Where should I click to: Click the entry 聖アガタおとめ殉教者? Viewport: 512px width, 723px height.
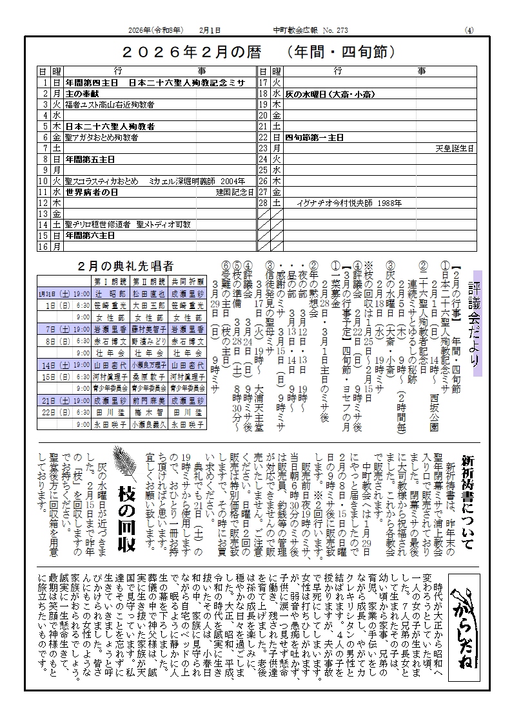click(x=101, y=137)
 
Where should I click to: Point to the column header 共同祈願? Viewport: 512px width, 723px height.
click(x=188, y=281)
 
